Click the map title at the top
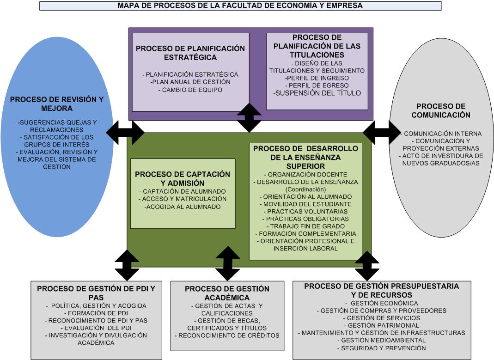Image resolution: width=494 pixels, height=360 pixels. coord(240,6)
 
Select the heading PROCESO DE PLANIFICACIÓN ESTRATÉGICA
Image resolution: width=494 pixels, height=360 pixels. coord(190,53)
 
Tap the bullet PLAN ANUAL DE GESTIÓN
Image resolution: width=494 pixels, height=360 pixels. coord(190,82)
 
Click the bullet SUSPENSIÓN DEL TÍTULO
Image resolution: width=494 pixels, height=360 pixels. coord(317,93)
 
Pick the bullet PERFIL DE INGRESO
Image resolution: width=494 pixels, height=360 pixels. coord(317,78)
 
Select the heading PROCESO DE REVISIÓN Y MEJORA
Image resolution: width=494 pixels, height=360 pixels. coord(57,104)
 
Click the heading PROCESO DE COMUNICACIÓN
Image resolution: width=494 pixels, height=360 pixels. coord(440,110)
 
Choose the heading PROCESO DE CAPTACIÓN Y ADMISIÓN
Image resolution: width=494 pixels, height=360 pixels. coord(183,178)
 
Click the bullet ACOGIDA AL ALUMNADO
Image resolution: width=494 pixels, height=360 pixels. coord(183,207)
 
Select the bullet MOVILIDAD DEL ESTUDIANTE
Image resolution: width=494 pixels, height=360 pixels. coord(305,204)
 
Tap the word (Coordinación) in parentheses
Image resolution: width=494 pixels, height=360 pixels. coord(305,189)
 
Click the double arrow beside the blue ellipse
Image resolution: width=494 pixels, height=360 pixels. coord(125,133)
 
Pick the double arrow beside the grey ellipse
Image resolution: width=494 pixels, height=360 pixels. coord(382,133)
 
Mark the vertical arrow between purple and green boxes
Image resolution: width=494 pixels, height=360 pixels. coord(250,118)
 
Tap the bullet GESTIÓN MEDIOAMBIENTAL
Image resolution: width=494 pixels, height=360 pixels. coord(381,340)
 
